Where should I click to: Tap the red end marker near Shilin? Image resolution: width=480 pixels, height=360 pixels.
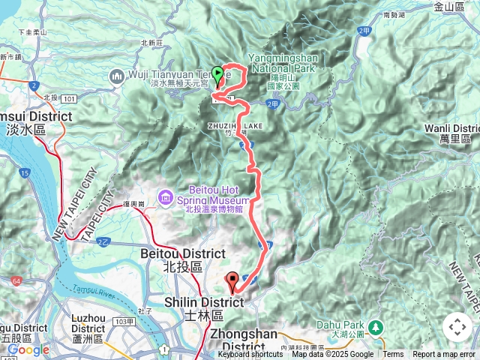point(232,281)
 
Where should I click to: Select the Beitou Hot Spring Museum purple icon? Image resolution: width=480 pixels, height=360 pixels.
point(165,197)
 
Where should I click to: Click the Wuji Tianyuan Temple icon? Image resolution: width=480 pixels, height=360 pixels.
point(116,76)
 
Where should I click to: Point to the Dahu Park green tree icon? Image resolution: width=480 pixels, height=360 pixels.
point(376,327)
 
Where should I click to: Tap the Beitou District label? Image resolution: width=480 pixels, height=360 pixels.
point(182,254)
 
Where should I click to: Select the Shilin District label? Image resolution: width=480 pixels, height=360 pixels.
point(204,302)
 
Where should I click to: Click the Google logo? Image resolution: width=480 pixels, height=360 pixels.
point(28,349)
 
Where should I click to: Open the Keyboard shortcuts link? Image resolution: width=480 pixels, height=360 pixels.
point(250,355)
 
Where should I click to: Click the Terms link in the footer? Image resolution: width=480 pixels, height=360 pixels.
point(393,355)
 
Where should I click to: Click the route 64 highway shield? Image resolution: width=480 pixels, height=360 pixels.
point(16,280)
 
